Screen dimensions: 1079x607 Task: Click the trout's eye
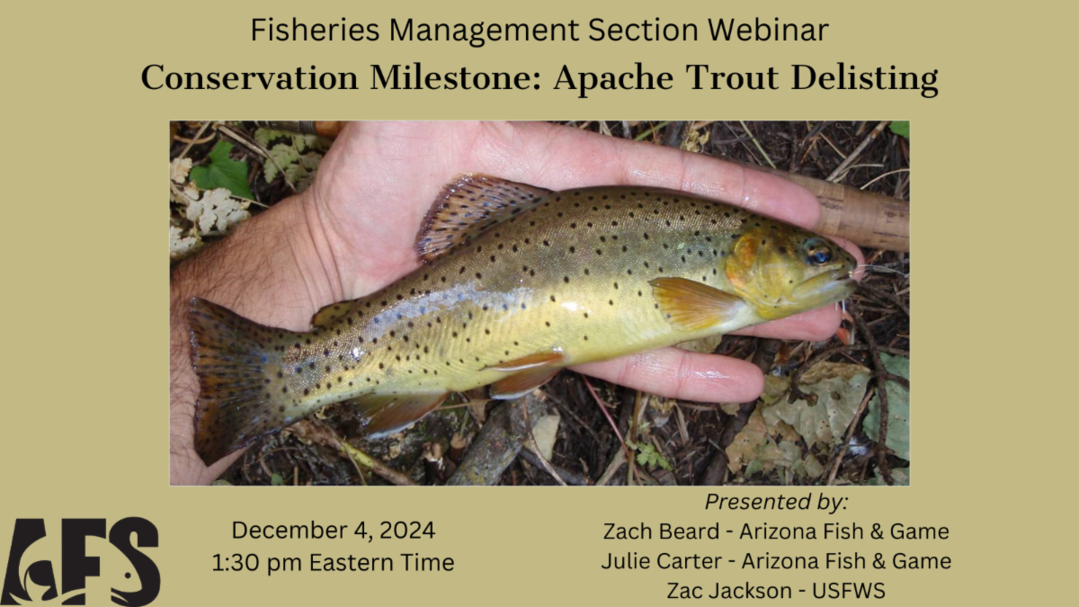(818, 254)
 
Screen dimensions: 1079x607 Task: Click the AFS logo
(80, 562)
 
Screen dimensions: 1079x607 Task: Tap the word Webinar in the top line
(768, 30)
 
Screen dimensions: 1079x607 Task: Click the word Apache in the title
(613, 78)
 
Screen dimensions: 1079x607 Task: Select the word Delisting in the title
(864, 78)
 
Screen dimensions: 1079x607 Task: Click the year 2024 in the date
(407, 530)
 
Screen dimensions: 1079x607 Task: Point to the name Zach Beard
(661, 531)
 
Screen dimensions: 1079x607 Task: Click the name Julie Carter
(662, 561)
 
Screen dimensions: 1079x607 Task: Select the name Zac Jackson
(729, 591)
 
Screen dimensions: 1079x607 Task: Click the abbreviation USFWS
(849, 591)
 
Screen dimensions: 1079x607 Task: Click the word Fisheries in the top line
(315, 30)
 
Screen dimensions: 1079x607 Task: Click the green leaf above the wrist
(221, 171)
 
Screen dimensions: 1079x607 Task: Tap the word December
(288, 530)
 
